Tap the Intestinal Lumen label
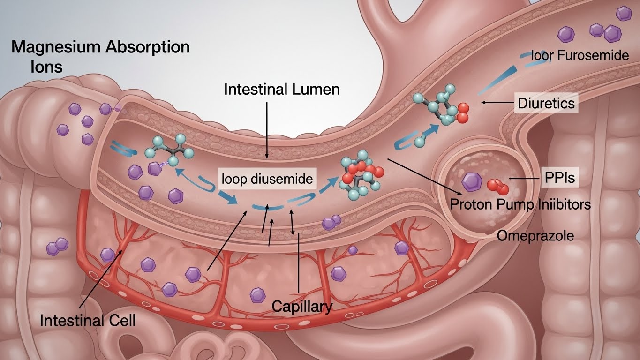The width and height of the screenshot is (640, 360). (x=281, y=90)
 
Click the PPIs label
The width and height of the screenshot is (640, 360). (x=559, y=178)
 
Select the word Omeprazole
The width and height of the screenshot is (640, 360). (x=535, y=235)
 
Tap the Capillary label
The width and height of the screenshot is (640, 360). (x=302, y=307)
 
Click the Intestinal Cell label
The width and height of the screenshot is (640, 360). (x=88, y=321)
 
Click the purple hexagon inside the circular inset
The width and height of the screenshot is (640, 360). (x=471, y=181)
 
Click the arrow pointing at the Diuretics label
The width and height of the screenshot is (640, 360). (x=497, y=102)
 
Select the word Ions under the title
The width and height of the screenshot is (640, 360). (x=46, y=67)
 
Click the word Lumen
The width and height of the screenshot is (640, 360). (x=316, y=90)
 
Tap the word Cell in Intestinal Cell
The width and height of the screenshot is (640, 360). (x=120, y=321)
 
